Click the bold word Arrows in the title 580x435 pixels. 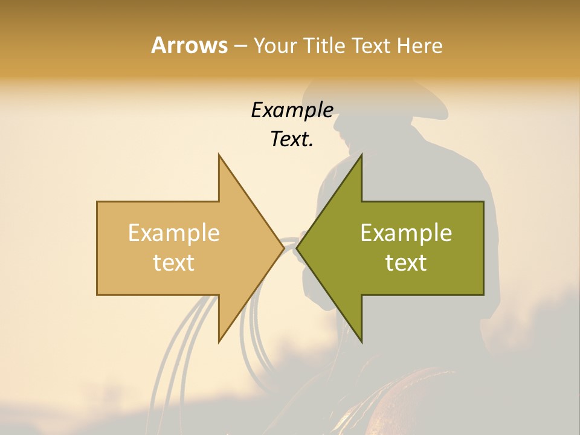click(x=189, y=45)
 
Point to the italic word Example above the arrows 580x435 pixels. click(x=292, y=110)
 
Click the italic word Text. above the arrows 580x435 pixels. click(x=292, y=140)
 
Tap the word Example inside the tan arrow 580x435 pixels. click(x=174, y=233)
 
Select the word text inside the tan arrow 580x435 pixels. click(x=174, y=263)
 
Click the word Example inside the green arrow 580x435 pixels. click(x=406, y=233)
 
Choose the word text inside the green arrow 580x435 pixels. click(x=406, y=263)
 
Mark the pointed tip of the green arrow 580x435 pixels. click(x=297, y=248)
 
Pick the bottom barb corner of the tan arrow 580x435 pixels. click(x=219, y=341)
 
